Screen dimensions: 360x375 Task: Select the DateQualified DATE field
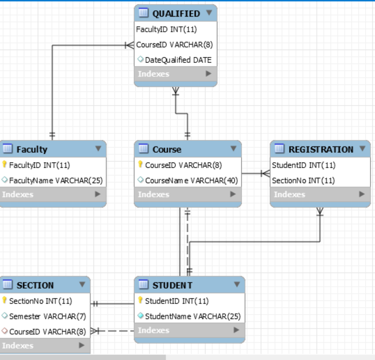178,60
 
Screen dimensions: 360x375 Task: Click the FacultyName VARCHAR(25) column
56,180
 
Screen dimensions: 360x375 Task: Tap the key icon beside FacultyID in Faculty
5,165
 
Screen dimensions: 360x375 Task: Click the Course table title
167,150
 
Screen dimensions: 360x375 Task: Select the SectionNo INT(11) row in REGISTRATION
303,180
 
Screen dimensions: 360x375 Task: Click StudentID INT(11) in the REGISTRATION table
303,165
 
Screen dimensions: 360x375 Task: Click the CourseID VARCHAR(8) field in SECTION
47,332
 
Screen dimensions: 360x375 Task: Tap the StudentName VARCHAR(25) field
193,316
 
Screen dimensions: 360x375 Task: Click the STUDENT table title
172,285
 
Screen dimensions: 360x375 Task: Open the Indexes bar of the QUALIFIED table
175,74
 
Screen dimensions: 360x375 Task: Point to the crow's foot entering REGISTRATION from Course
265,174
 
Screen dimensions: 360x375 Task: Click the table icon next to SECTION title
7,285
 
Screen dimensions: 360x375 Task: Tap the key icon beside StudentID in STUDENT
141,301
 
